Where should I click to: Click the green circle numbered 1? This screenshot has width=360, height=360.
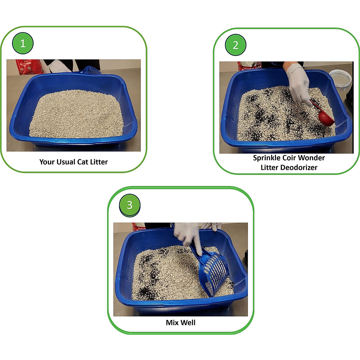pyautogui.click(x=23, y=44)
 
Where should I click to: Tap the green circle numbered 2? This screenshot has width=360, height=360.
pyautogui.click(x=235, y=45)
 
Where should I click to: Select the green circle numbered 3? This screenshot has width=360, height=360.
pyautogui.click(x=130, y=205)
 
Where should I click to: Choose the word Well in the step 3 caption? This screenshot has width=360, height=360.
pyautogui.click(x=188, y=323)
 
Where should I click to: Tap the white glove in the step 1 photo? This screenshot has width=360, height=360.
pyautogui.click(x=58, y=67)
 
